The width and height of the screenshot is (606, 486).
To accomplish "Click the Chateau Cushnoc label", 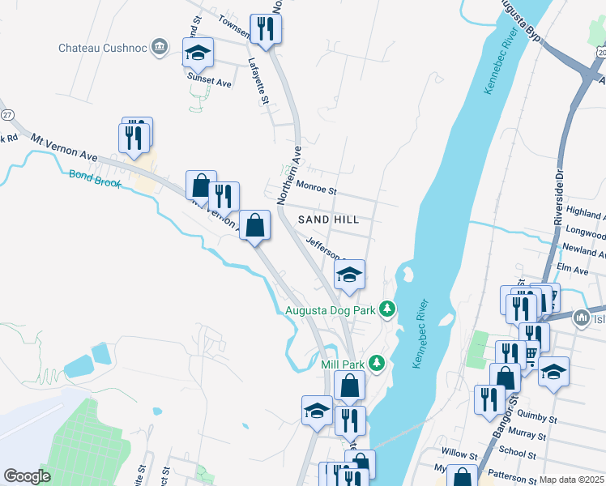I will click(x=102, y=48).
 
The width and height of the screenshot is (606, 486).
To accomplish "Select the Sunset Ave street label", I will click(x=210, y=83).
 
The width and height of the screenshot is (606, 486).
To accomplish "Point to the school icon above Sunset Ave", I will click(x=198, y=53).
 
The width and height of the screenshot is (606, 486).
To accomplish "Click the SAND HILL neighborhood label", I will click(x=328, y=220).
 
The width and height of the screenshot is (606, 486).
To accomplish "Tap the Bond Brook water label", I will click(x=94, y=179).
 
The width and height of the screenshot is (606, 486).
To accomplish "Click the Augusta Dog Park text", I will click(x=331, y=309).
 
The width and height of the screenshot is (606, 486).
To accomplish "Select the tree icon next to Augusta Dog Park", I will click(x=388, y=309).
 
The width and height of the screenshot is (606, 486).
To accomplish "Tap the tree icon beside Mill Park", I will click(x=375, y=362).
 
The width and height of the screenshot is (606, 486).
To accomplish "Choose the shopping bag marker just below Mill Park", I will click(x=350, y=386).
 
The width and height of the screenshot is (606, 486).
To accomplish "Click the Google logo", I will click(x=27, y=476).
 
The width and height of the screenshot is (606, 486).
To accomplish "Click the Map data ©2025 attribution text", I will click(x=572, y=480).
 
